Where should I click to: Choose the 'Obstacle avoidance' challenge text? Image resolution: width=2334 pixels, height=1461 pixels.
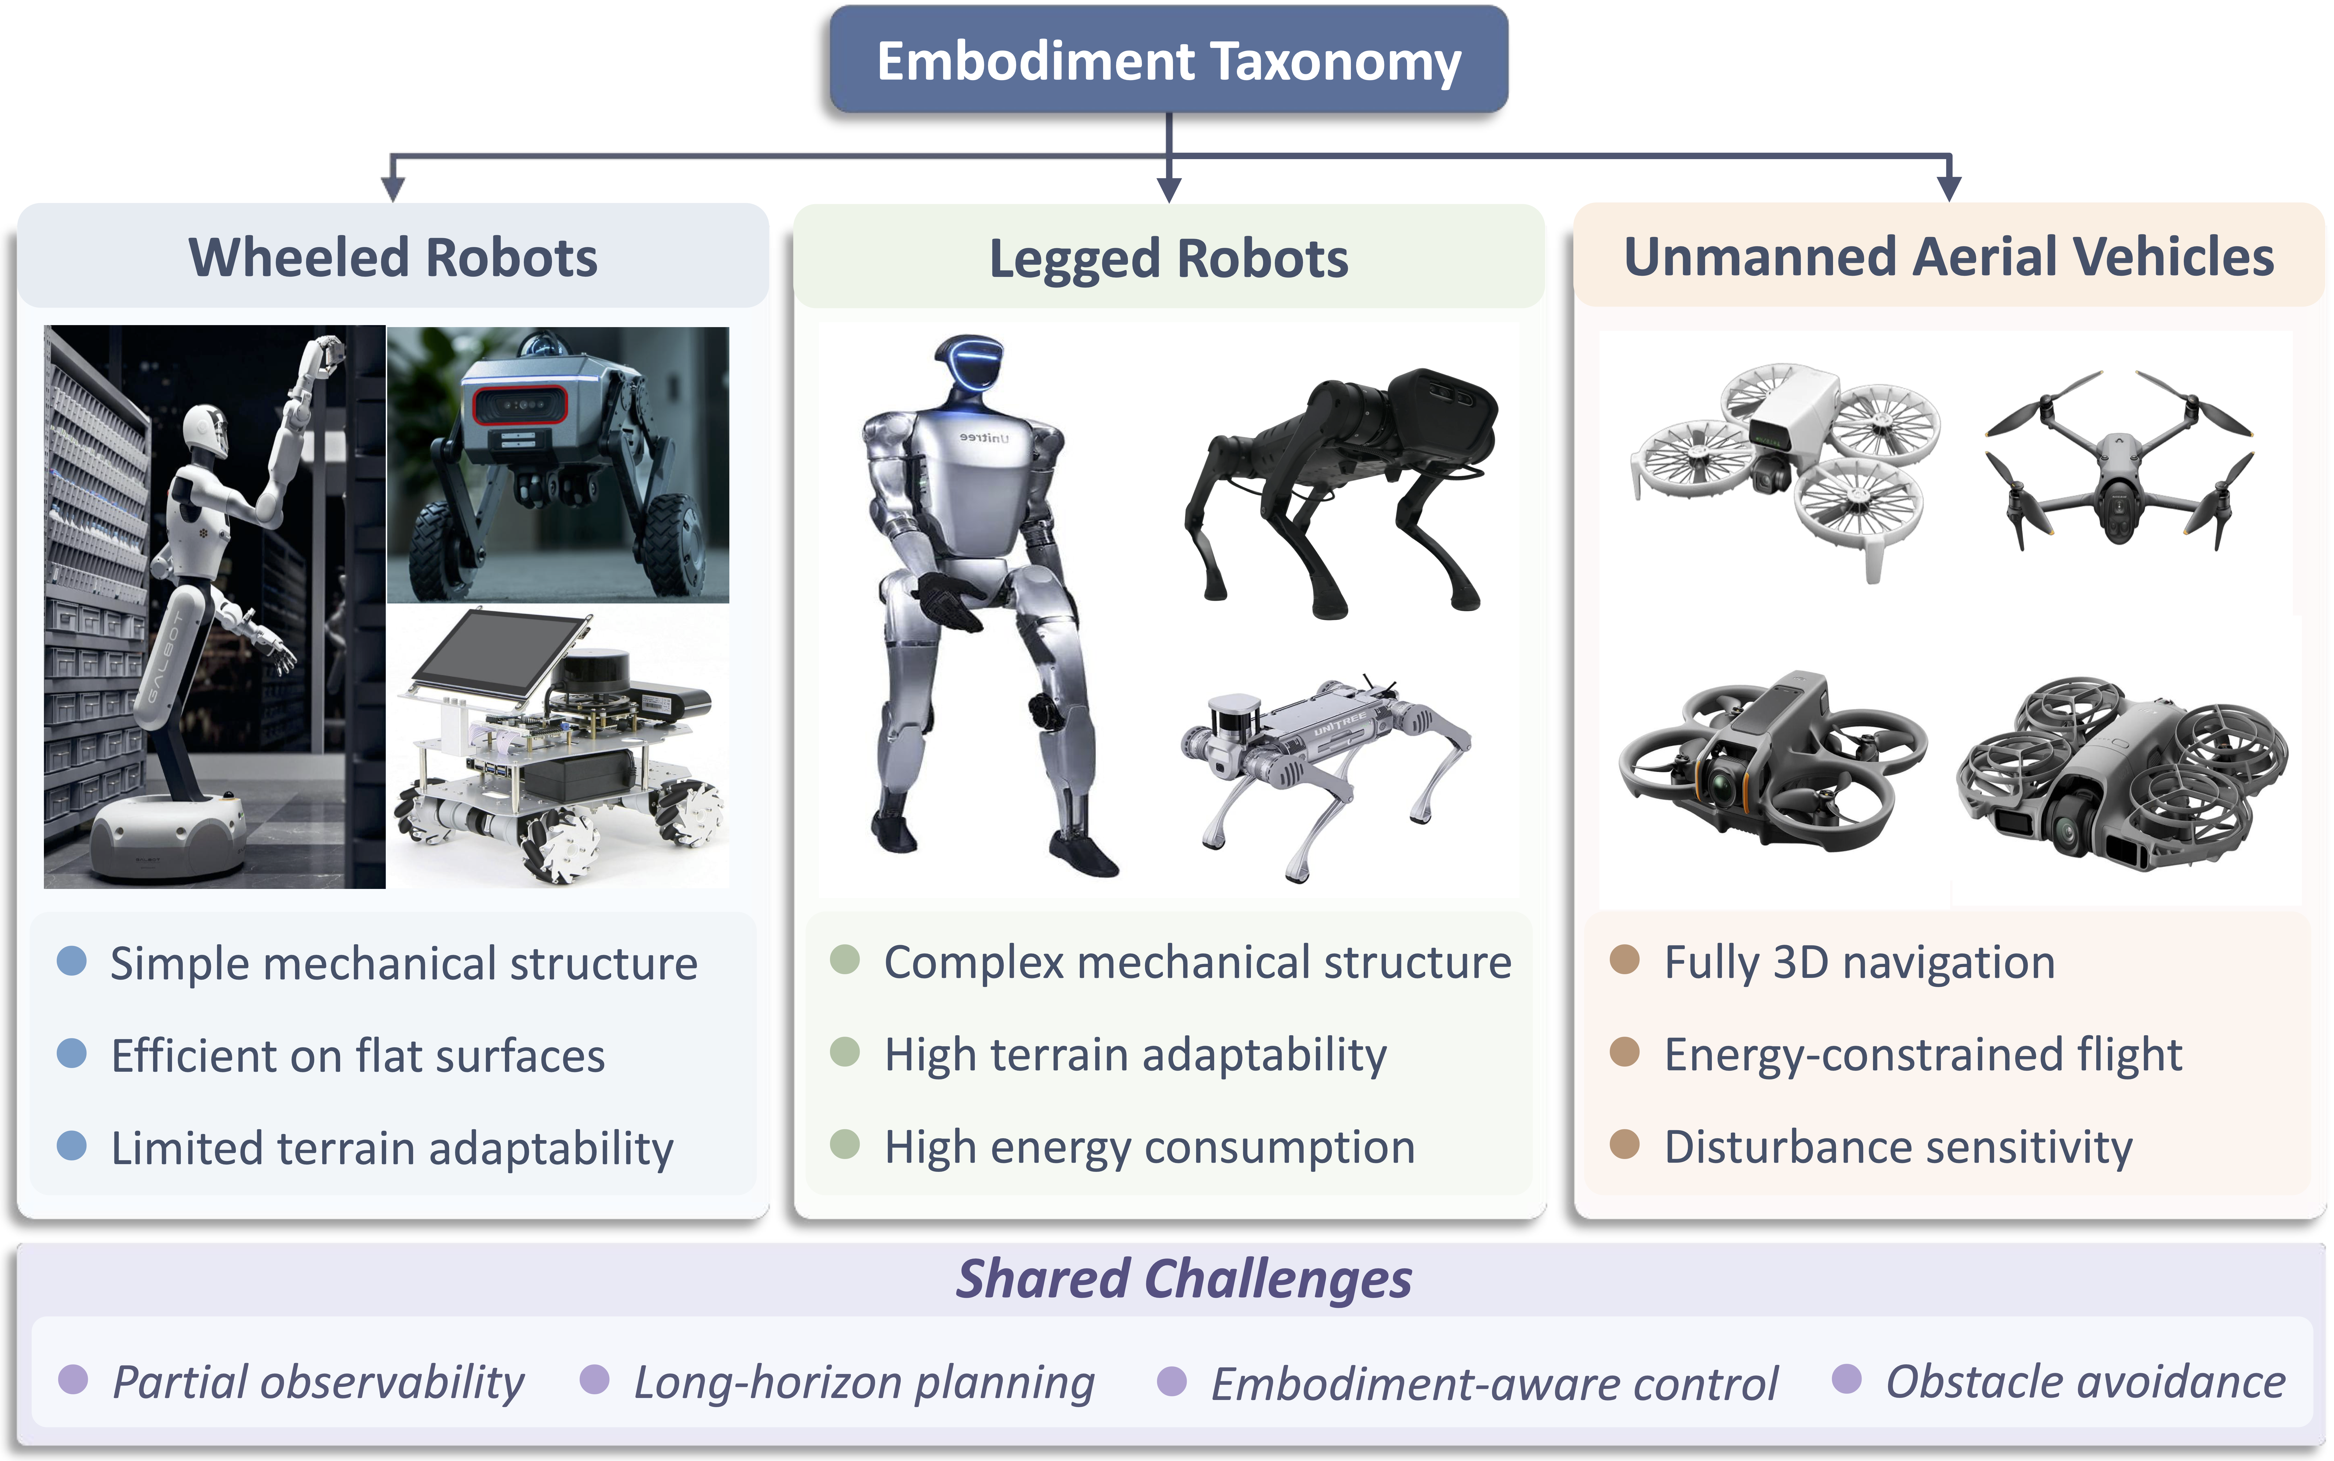point(2085,1382)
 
